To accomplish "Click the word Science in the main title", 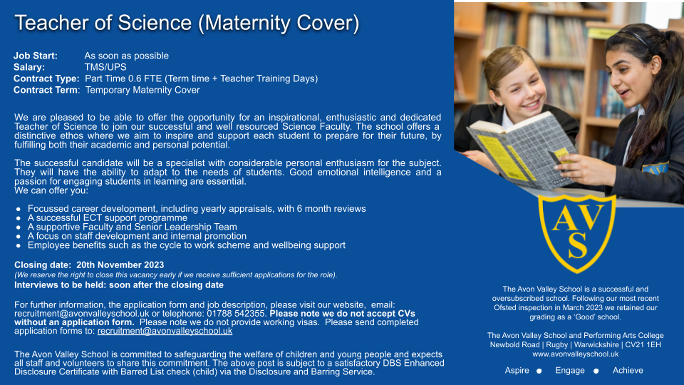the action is [x=155, y=23].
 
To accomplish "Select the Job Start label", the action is [x=36, y=56].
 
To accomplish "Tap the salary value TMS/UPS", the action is [x=105, y=67].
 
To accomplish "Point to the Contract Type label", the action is [x=46, y=78].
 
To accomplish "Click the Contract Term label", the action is [x=47, y=90].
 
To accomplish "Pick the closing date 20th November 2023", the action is [x=120, y=265].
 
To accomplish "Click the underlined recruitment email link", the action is [x=165, y=331].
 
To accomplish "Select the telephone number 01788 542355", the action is [x=236, y=314].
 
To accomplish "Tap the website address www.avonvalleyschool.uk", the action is [x=576, y=354].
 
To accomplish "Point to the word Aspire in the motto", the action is [x=517, y=370].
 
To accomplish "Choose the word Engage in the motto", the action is [x=570, y=370].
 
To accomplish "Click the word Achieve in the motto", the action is [x=628, y=370].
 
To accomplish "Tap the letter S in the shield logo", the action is [x=578, y=245].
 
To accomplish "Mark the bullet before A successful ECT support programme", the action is [x=19, y=218].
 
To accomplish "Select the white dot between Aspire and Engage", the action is [x=539, y=371].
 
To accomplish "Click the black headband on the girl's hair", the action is [x=638, y=38].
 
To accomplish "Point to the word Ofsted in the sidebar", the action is [x=504, y=308].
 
